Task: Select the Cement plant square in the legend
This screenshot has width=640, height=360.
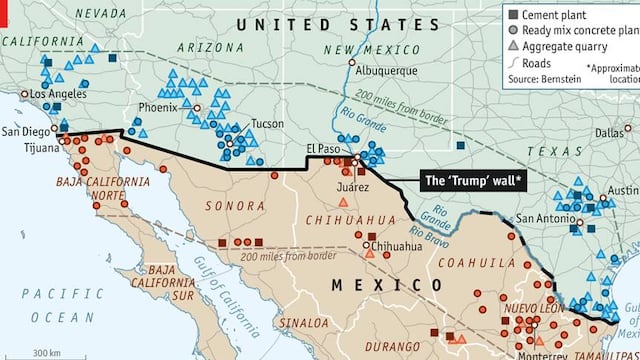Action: [x=513, y=15]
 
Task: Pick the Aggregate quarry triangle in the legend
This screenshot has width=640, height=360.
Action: [x=513, y=46]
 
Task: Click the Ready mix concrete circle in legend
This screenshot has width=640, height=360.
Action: [x=513, y=30]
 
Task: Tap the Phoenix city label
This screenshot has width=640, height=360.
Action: [x=158, y=106]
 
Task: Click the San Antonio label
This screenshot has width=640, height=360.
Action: [x=546, y=219]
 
